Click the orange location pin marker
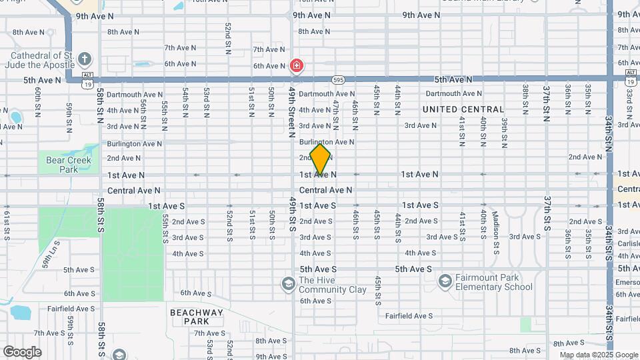[320, 159]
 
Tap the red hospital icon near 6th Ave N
[297, 66]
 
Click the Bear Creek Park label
[63, 164]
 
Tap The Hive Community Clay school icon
[288, 285]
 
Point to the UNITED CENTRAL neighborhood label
[463, 109]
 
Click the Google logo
[22, 352]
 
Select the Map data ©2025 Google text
[598, 355]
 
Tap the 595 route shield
[339, 79]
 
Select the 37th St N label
[545, 103]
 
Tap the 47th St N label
[335, 115]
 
